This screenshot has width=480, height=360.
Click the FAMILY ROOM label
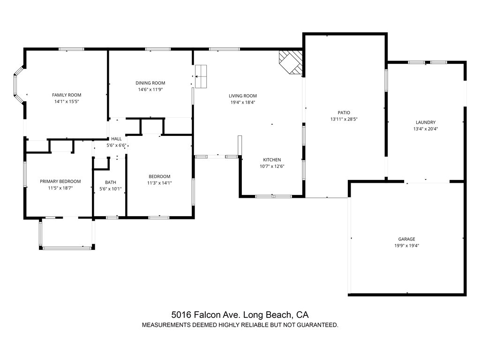pyautogui.click(x=67, y=95)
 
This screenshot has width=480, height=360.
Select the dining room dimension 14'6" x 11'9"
pyautogui.click(x=150, y=90)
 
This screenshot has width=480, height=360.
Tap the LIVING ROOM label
pyautogui.click(x=243, y=96)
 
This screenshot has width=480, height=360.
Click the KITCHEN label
pyautogui.click(x=272, y=160)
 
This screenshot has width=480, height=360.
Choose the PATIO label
pyautogui.click(x=344, y=112)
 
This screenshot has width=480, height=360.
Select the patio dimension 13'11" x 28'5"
pyautogui.click(x=344, y=119)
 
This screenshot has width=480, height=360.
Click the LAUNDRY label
pyautogui.click(x=425, y=122)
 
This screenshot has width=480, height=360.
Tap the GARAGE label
pyautogui.click(x=407, y=239)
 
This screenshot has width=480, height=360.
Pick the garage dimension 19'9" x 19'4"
pyautogui.click(x=407, y=245)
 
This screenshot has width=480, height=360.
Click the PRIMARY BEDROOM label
pyautogui.click(x=60, y=181)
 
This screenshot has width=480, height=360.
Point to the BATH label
pyautogui.click(x=110, y=182)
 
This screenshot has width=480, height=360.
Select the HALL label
pyautogui.click(x=116, y=139)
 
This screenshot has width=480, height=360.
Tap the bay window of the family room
pyautogui.click(x=17, y=85)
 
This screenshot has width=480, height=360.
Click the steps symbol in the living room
pyautogui.click(x=201, y=76)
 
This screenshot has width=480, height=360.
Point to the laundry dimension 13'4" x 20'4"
pyautogui.click(x=425, y=129)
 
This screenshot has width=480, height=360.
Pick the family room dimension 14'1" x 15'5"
pyautogui.click(x=67, y=101)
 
